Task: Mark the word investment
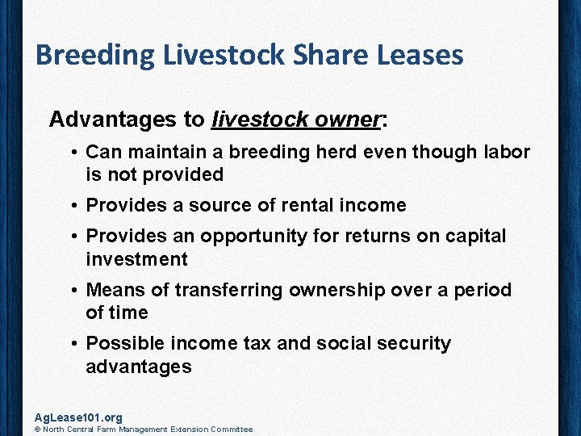pyautogui.click(x=136, y=259)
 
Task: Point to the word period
pyautogui.click(x=482, y=290)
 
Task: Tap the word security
pyautogui.click(x=410, y=343)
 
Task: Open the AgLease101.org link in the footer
pyautogui.click(x=78, y=417)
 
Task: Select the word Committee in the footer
pyautogui.click(x=233, y=430)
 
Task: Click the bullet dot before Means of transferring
pyautogui.click(x=73, y=290)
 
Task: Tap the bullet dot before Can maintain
pyautogui.click(x=73, y=152)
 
